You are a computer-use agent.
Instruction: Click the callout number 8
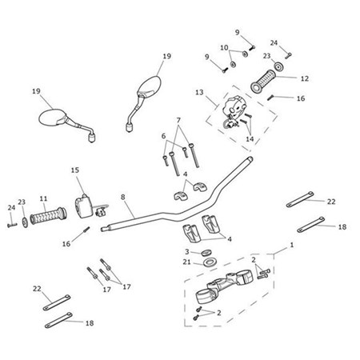point(122,196)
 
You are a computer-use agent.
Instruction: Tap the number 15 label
point(76,170)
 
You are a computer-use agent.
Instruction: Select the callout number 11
point(43,198)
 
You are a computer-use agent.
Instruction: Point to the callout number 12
point(304,78)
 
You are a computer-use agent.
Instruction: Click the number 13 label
point(198,93)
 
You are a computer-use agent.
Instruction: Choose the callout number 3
point(186,251)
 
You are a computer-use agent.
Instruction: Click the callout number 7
point(178,120)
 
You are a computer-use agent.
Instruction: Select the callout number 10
point(225,47)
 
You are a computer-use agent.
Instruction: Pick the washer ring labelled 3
point(208,252)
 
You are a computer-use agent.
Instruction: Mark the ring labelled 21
point(208,262)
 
